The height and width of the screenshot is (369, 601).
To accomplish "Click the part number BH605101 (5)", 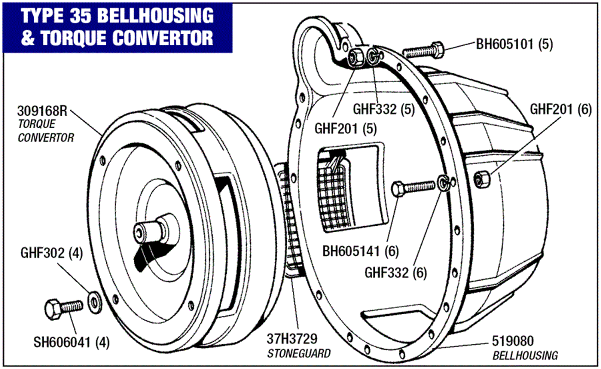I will click(x=514, y=44).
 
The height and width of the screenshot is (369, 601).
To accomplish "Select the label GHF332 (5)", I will click(x=383, y=109).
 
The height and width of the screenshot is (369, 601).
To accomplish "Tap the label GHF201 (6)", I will click(x=560, y=109).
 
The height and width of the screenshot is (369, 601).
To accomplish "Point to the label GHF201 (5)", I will click(x=345, y=129).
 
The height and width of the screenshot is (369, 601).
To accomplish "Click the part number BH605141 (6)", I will click(x=360, y=251).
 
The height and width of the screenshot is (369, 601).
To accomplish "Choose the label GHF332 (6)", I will click(x=395, y=273).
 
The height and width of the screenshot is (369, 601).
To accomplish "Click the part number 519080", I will click(x=513, y=341).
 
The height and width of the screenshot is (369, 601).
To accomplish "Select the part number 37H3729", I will click(x=292, y=339).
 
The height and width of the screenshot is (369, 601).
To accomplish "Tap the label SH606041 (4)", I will click(x=71, y=342).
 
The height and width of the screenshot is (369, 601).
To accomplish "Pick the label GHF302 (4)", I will click(x=51, y=253).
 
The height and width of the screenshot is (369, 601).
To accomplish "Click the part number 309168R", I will click(x=42, y=111).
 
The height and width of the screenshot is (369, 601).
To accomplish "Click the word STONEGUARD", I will click(x=299, y=354).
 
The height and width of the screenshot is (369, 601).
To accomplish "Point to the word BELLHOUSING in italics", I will click(x=525, y=356).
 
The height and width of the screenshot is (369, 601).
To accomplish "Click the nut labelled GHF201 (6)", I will click(x=482, y=180).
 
